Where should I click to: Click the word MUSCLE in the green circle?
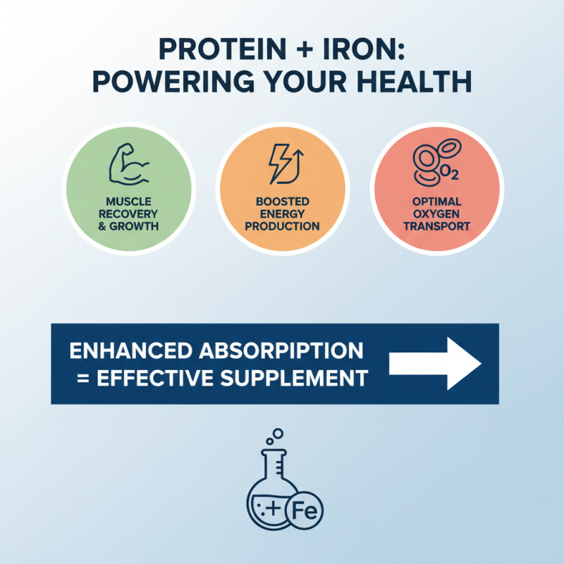[x=129, y=201]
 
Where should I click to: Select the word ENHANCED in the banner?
[x=131, y=350]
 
